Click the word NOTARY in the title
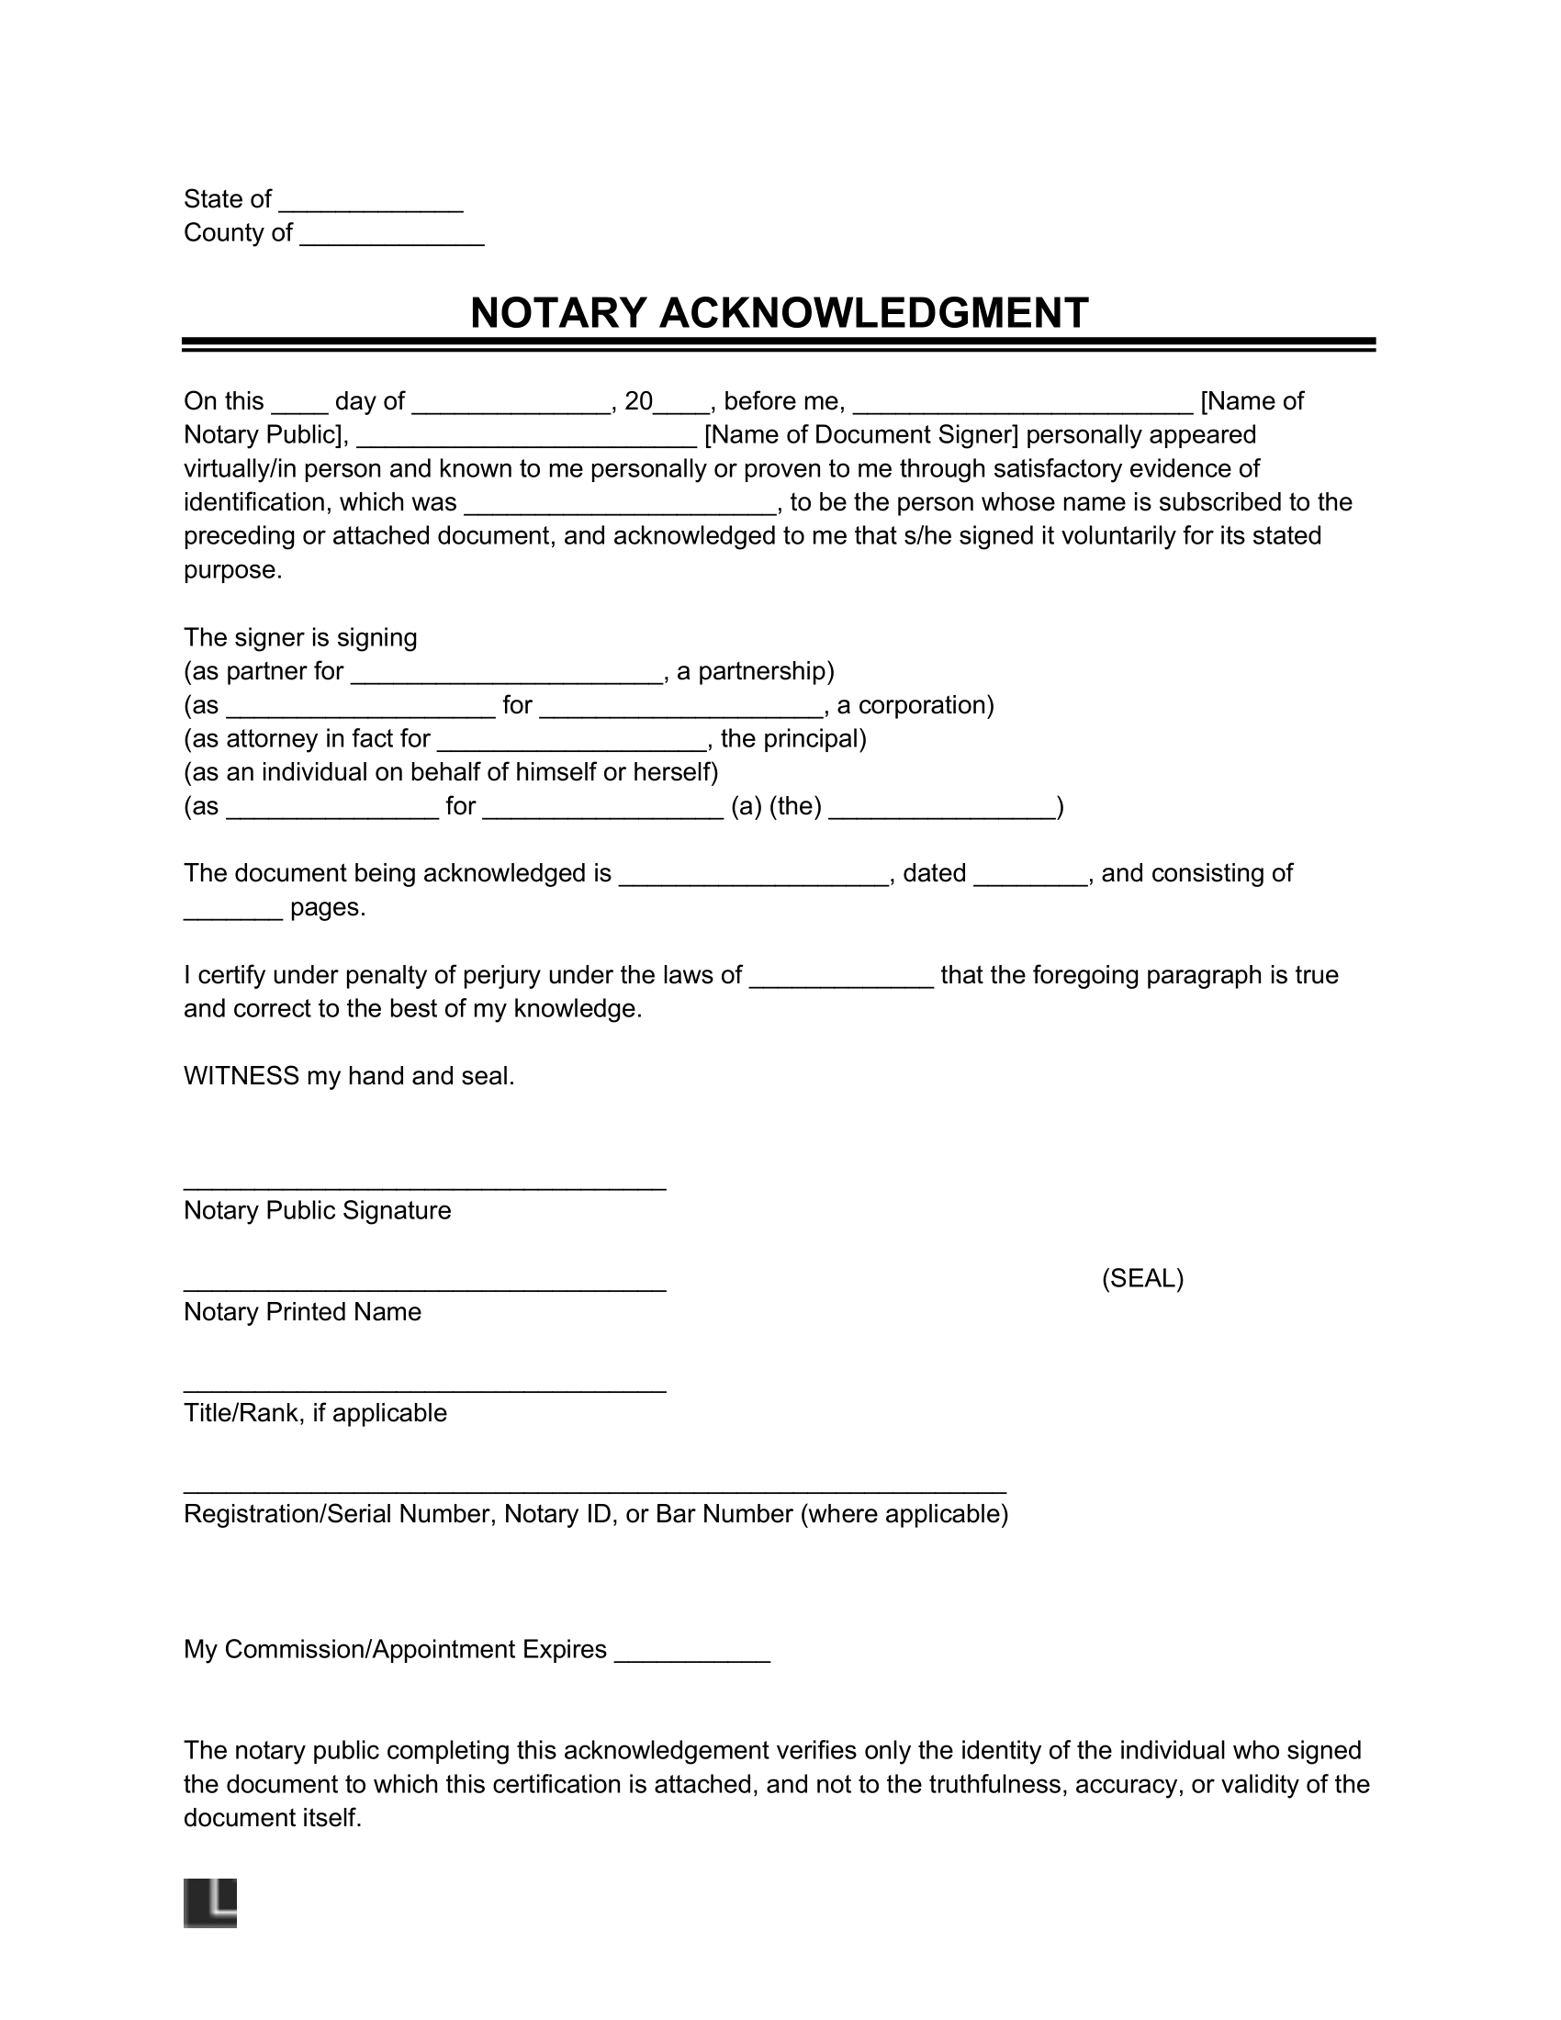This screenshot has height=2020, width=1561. pos(557,313)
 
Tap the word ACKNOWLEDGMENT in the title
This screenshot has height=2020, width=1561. pos(873,313)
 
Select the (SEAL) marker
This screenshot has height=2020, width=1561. pos(1142,1278)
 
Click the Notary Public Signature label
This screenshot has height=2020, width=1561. pos(317,1211)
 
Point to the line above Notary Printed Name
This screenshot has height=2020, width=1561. pos(424,1285)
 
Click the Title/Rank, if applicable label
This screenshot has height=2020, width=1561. pos(315,1413)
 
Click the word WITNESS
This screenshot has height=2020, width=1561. pos(241,1076)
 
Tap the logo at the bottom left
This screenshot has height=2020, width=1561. pos(210,1903)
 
